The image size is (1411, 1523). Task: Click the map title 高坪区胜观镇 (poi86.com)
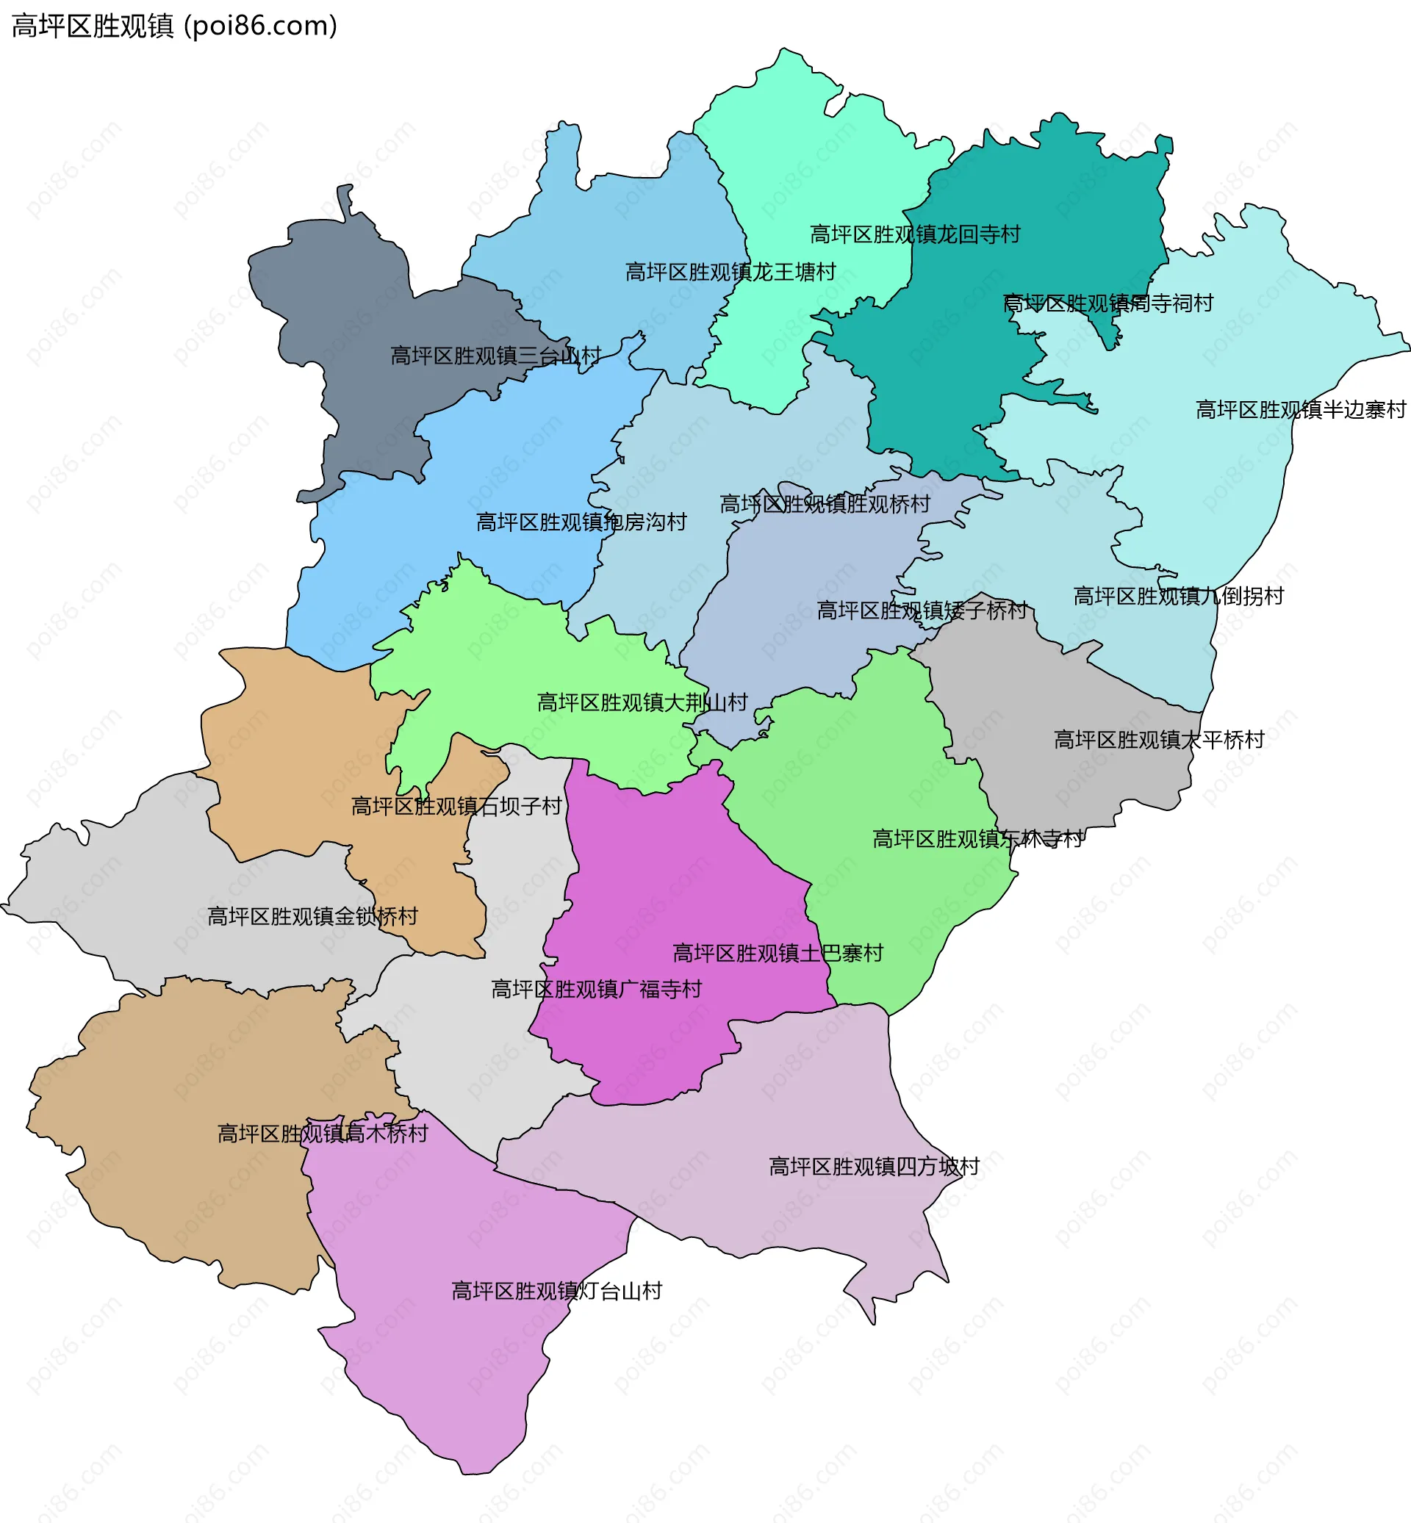tap(174, 26)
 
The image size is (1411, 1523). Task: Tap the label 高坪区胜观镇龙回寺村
tap(915, 234)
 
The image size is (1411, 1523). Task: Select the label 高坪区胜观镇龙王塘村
tap(730, 272)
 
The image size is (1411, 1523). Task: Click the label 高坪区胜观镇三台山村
tap(495, 356)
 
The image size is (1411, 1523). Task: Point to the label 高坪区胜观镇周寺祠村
tap(1108, 303)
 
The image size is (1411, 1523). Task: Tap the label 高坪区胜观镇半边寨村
tap(1300, 410)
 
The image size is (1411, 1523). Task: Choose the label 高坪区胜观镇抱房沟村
tap(581, 522)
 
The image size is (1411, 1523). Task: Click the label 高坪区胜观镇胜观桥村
tap(825, 504)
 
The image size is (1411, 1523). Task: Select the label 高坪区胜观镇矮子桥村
tap(922, 610)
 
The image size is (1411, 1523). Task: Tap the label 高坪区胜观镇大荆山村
tap(642, 702)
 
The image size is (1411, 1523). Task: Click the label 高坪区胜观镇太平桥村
tap(1159, 739)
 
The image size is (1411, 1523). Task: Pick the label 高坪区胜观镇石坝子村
tap(456, 806)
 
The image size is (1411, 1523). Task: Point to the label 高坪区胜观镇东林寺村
tap(977, 839)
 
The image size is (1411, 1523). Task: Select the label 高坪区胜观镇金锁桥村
tap(313, 916)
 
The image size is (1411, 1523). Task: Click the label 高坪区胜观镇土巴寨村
tap(778, 953)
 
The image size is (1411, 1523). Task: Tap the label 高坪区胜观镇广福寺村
tap(596, 990)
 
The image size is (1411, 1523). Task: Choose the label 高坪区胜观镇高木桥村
tap(323, 1134)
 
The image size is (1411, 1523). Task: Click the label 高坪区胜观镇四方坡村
tap(874, 1167)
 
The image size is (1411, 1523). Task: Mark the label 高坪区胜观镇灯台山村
tap(556, 1291)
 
